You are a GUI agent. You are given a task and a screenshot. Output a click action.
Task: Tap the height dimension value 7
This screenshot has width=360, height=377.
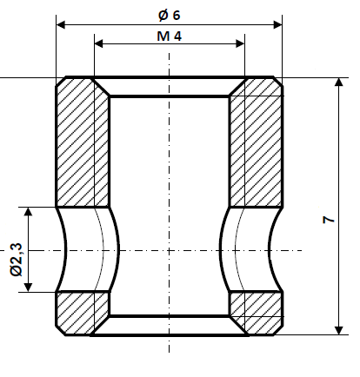pos(328,221)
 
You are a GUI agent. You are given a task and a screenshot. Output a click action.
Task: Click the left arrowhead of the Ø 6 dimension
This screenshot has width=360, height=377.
pos(62,25)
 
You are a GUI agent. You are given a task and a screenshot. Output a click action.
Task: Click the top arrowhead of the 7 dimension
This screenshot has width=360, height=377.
pos(338,83)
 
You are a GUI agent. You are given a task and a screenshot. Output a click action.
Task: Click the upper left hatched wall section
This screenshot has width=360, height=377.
pos(83,143)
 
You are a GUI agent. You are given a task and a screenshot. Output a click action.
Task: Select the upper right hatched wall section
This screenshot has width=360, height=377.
pos(255,143)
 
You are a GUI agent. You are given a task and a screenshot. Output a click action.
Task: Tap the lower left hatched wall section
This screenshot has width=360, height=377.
pos(83,311)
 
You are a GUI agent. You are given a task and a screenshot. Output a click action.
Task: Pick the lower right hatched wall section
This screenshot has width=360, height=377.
pos(255,311)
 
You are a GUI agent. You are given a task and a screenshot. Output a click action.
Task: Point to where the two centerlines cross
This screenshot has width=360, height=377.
pos(169,250)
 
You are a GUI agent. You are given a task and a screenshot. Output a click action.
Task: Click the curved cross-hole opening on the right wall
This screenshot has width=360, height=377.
pos(251,250)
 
